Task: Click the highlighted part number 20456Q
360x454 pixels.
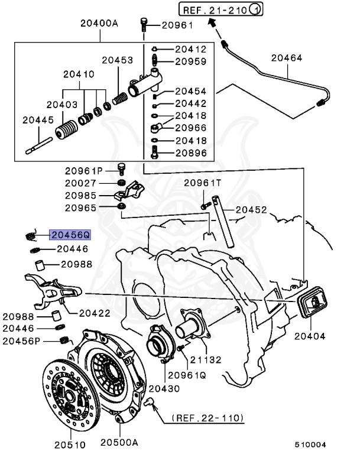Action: (x=69, y=235)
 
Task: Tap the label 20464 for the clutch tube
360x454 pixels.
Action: (x=286, y=58)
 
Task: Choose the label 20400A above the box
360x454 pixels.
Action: (x=100, y=24)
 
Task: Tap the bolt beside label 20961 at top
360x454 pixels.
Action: (x=145, y=24)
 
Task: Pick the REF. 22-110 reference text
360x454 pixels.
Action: (x=207, y=418)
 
